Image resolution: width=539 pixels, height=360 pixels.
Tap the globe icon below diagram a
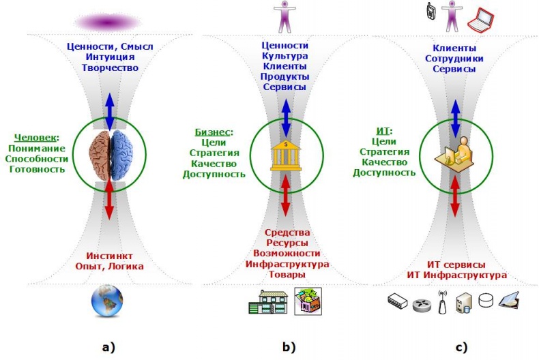(x=106, y=303)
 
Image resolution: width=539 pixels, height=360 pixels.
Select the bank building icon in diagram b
(x=285, y=155)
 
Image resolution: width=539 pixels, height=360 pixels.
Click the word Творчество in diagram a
(x=110, y=68)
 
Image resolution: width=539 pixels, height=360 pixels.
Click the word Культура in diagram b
(x=285, y=55)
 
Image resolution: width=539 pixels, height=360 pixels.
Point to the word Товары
(x=286, y=274)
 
